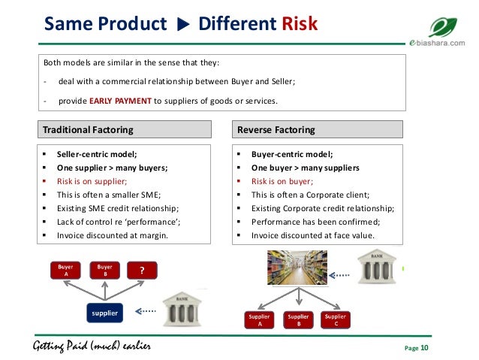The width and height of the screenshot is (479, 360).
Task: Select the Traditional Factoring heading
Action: coord(88,129)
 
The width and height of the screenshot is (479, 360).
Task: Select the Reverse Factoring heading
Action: coord(276,129)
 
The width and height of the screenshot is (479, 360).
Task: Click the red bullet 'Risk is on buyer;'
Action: coord(282,181)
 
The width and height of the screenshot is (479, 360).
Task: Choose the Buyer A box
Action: coord(65,270)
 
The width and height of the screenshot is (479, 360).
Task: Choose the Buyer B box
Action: coord(104,270)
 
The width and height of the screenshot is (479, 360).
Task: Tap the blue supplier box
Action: coord(105,311)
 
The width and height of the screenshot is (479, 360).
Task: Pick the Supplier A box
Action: coord(260,321)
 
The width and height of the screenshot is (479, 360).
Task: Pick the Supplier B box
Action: coord(297,321)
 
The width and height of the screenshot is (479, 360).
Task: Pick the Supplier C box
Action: coord(335,321)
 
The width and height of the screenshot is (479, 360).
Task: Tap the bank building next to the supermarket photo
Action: coord(377,268)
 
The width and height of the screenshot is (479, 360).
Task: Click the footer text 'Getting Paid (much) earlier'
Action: coord(92,347)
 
